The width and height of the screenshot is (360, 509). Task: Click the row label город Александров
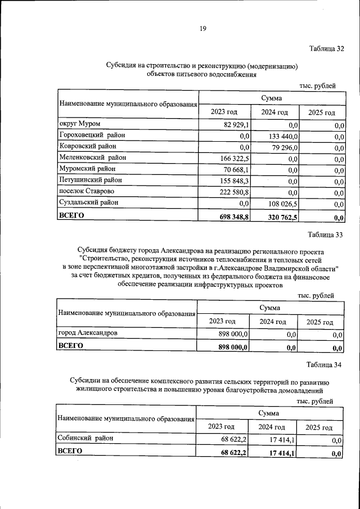coord(88,334)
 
